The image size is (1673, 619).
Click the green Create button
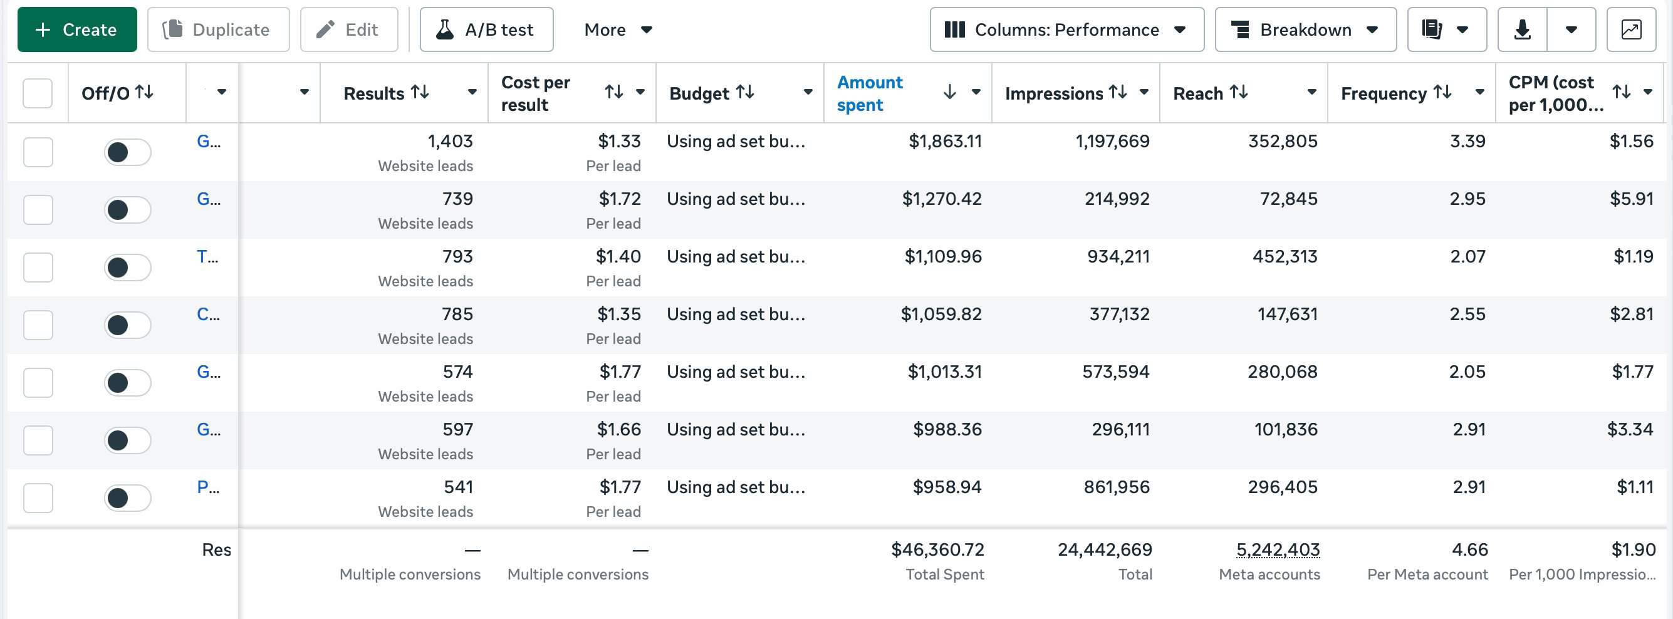point(76,29)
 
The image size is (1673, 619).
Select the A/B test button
point(486,29)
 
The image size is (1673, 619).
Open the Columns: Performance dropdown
point(1066,29)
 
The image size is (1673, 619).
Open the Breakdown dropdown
point(1305,29)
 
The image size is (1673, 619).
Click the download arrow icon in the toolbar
point(1523,29)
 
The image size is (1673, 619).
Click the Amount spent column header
point(870,93)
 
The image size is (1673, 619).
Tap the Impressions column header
point(1053,93)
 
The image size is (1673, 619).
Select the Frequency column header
point(1384,93)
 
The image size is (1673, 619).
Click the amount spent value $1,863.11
point(945,141)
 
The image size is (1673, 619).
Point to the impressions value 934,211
point(1118,257)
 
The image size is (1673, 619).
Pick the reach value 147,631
point(1287,315)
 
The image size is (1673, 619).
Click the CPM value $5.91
point(1632,199)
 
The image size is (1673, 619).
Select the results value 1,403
point(450,141)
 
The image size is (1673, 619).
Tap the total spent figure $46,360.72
point(937,550)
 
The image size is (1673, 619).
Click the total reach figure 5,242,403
point(1278,550)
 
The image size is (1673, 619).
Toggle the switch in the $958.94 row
point(127,498)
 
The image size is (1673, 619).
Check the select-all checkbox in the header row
point(38,93)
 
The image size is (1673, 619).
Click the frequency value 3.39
point(1467,141)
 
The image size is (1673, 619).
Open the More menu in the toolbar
point(618,29)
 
